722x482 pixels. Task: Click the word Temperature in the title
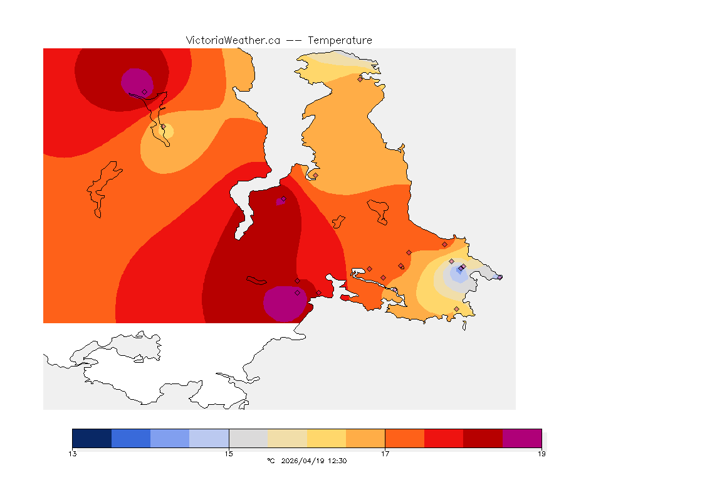340,40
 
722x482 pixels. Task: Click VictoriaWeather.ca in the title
233,40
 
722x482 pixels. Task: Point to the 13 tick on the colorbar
73,453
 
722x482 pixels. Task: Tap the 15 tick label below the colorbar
229,453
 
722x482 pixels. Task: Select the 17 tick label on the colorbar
385,453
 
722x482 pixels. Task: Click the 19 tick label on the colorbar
541,453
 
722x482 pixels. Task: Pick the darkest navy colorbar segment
92,438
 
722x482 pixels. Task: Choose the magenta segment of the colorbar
521,438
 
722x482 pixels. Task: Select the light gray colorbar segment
248,438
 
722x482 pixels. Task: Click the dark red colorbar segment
483,438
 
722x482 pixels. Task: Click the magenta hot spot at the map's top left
136,82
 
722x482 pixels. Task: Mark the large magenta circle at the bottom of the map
285,304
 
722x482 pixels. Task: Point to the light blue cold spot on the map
458,274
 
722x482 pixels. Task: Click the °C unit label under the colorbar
271,461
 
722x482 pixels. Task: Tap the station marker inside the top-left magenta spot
144,92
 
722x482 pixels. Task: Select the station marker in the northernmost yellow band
360,79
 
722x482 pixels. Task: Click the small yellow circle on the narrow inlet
167,131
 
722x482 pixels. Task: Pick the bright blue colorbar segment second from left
131,438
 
